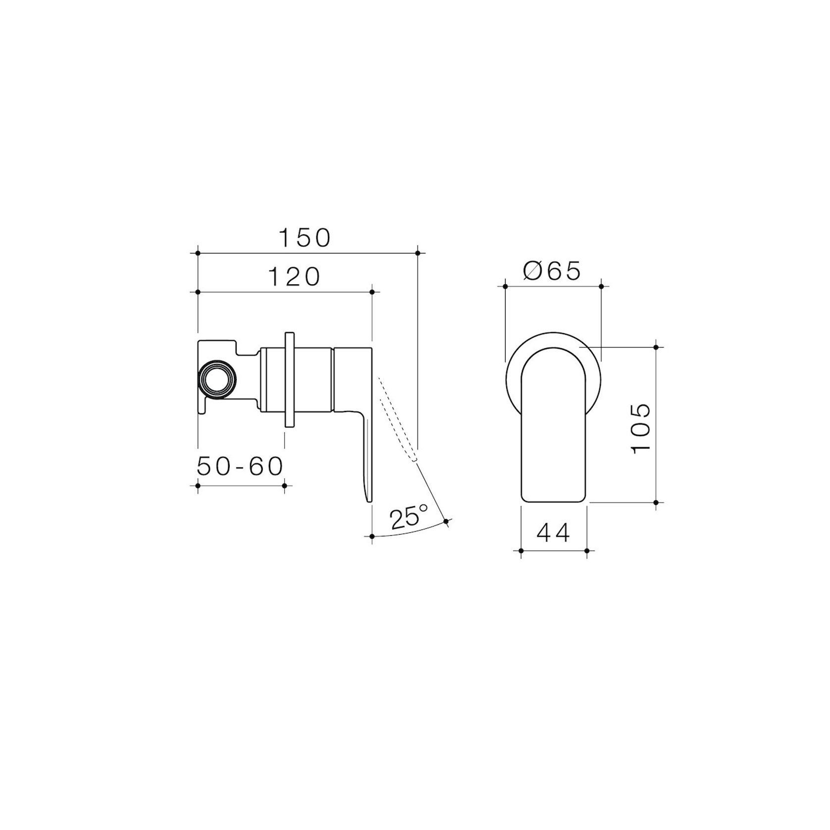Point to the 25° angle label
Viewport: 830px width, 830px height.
coord(408,518)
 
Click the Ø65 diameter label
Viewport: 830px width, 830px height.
coord(551,271)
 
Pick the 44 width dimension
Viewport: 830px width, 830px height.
coord(553,533)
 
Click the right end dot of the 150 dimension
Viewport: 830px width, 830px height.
coord(417,253)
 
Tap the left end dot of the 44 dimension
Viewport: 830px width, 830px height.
coord(521,550)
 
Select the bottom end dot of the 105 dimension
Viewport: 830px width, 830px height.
coord(656,502)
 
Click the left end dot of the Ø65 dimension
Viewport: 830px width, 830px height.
coord(505,286)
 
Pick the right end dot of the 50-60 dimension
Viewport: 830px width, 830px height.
coord(284,485)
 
